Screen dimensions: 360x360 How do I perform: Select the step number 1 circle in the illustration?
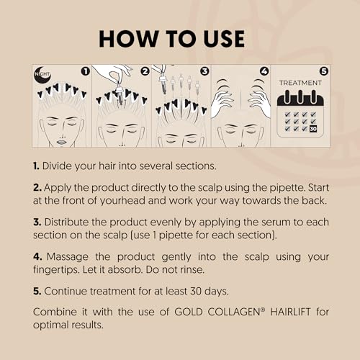pyautogui.click(x=86, y=71)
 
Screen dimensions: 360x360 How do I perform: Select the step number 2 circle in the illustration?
pyautogui.click(x=145, y=71)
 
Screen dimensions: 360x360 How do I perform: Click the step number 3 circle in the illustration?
pyautogui.click(x=204, y=71)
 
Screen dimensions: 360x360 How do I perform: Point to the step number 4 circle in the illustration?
pyautogui.click(x=264, y=71)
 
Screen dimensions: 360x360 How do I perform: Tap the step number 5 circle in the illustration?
pyautogui.click(x=323, y=71)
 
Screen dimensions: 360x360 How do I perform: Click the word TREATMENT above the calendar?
pyautogui.click(x=299, y=83)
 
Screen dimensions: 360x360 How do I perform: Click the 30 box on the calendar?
pyautogui.click(x=312, y=129)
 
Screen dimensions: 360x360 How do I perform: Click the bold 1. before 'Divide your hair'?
pyautogui.click(x=36, y=166)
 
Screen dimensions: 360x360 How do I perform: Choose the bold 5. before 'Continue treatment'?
pyautogui.click(x=37, y=291)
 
